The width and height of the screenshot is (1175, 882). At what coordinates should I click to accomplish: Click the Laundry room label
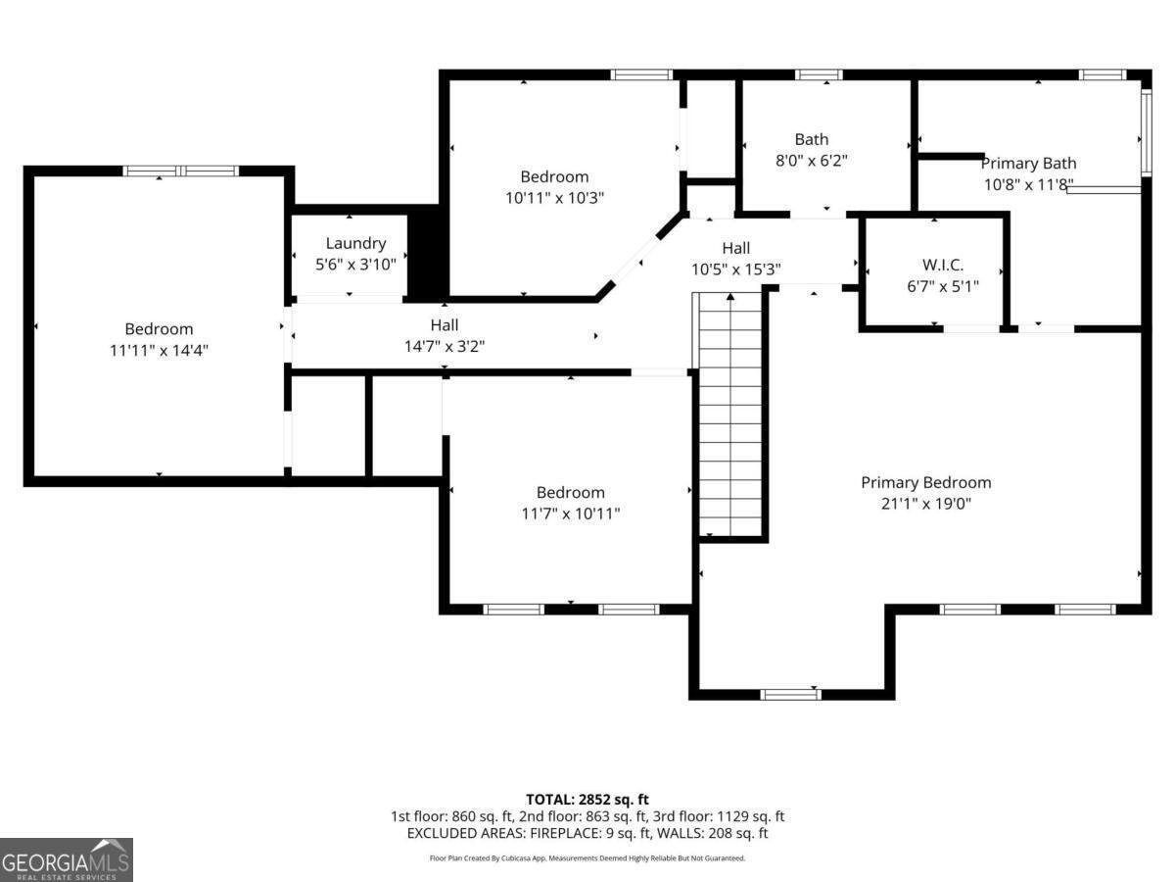pyautogui.click(x=355, y=243)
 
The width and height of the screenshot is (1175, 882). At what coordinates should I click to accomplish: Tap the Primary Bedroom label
pyautogui.click(x=925, y=482)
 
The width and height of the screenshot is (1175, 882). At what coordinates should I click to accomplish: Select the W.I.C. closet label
pyautogui.click(x=943, y=265)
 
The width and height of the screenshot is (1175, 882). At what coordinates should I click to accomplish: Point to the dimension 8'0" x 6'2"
pyautogui.click(x=811, y=160)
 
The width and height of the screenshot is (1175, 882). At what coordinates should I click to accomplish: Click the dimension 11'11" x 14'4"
pyautogui.click(x=159, y=350)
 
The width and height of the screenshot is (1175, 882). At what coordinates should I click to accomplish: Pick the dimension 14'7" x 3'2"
pyautogui.click(x=444, y=345)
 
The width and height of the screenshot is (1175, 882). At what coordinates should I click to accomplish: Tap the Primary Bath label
pyautogui.click(x=1028, y=164)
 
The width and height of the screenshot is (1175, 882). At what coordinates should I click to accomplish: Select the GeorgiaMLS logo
pyautogui.click(x=66, y=859)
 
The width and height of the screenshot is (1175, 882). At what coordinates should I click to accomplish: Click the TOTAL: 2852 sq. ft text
pyautogui.click(x=587, y=800)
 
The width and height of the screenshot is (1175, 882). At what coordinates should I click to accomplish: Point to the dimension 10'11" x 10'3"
pyautogui.click(x=554, y=197)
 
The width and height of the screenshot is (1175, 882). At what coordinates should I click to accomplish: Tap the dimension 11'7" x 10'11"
pyautogui.click(x=570, y=513)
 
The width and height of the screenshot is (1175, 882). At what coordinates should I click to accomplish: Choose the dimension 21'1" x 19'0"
pyautogui.click(x=925, y=504)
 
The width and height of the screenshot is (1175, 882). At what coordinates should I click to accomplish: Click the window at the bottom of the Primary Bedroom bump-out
pyautogui.click(x=790, y=694)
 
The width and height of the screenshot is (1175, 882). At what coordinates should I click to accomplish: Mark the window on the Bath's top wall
pyautogui.click(x=819, y=74)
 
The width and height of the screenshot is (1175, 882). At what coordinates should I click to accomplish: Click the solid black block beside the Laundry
pyautogui.click(x=426, y=253)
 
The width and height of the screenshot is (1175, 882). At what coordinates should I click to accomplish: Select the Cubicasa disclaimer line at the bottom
pyautogui.click(x=587, y=857)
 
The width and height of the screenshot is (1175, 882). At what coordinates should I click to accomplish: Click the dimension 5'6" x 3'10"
pyautogui.click(x=355, y=264)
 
